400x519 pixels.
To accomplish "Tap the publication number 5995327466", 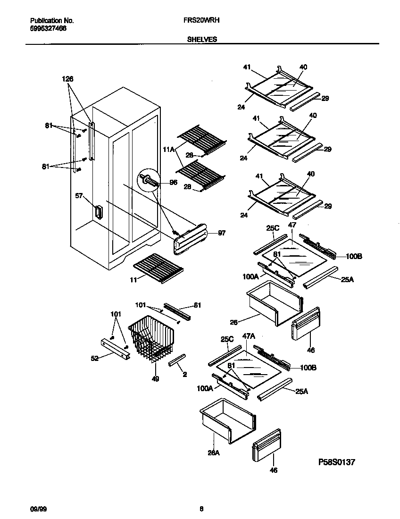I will click(48, 28).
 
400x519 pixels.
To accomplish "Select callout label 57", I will click(79, 195).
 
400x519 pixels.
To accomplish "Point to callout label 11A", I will click(168, 149).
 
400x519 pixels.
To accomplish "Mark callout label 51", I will click(197, 305).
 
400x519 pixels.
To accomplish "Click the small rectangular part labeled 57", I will click(98, 212).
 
